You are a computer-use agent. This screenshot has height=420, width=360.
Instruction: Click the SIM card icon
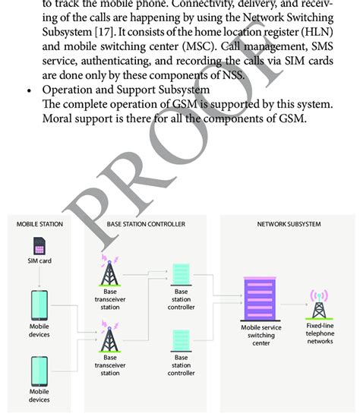[x=39, y=247]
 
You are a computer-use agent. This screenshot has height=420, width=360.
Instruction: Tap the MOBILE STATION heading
[x=39, y=224]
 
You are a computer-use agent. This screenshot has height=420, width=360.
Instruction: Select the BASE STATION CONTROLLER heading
[x=145, y=224]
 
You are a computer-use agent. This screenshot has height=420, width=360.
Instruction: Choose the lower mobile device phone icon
[x=39, y=372]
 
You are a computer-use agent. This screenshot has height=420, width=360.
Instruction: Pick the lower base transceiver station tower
[x=110, y=336]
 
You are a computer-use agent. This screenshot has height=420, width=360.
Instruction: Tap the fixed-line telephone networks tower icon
[x=320, y=303]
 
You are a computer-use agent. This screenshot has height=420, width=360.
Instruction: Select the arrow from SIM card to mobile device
[x=39, y=278]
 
